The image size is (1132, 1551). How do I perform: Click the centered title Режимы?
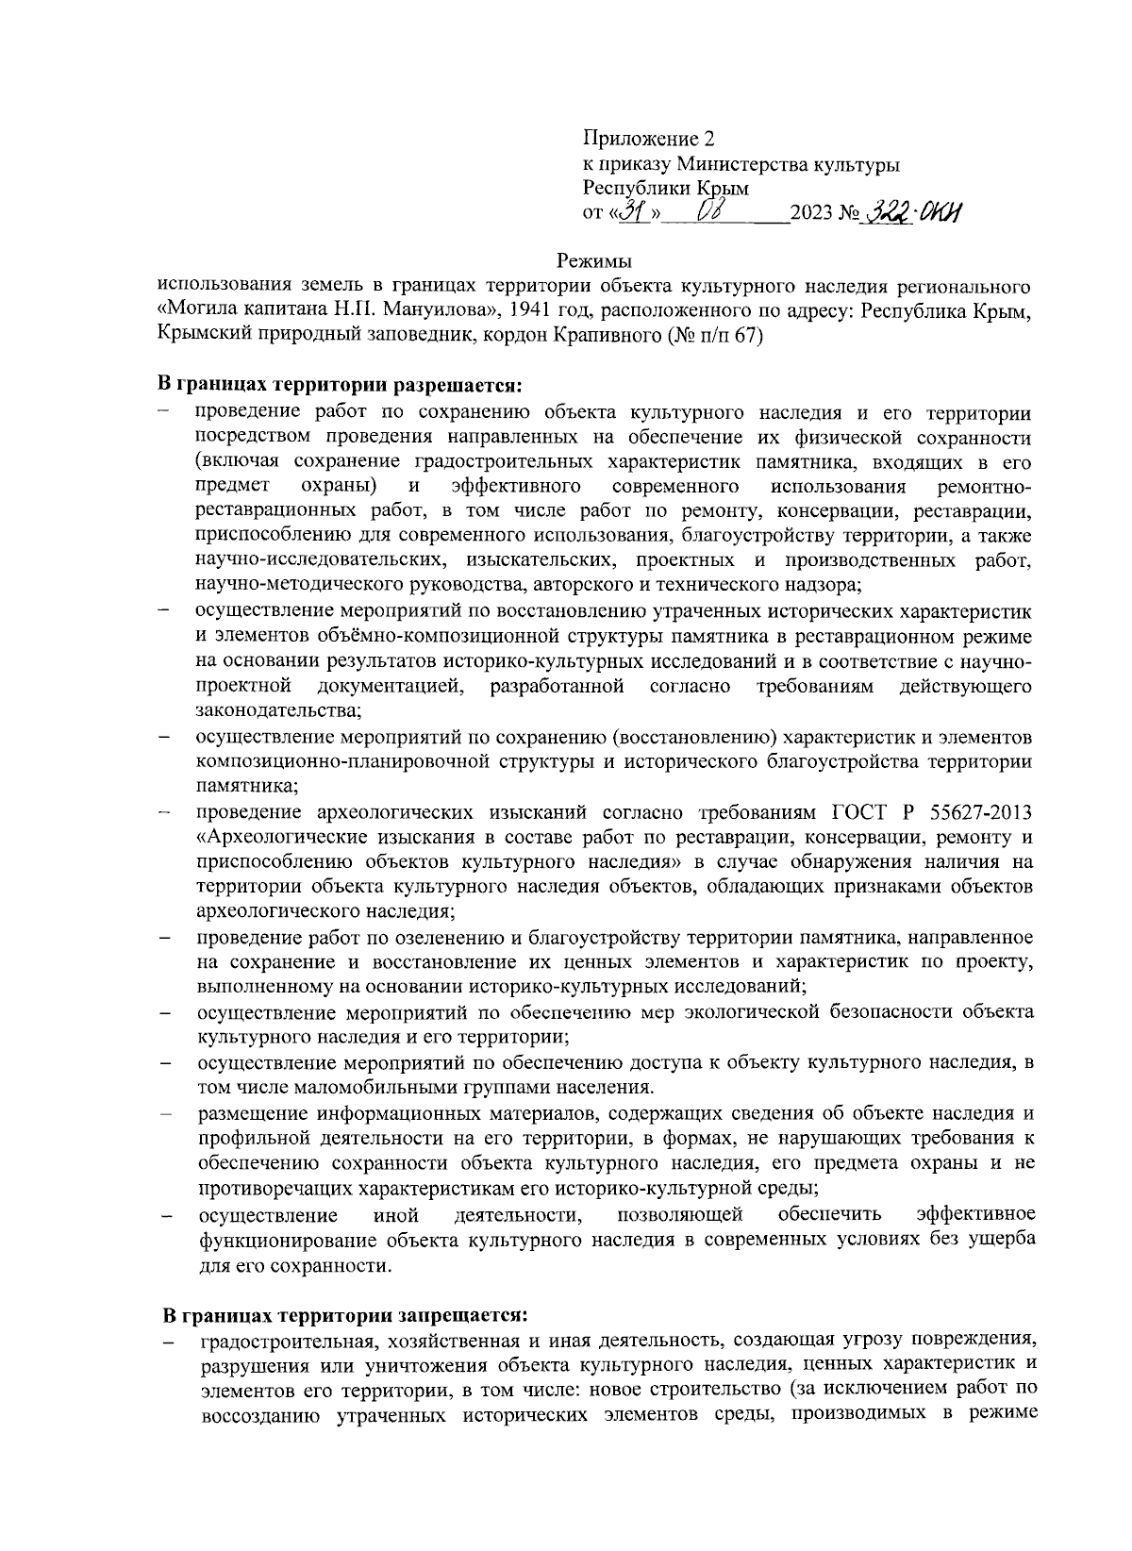593,259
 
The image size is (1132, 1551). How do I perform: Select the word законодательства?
278,709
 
